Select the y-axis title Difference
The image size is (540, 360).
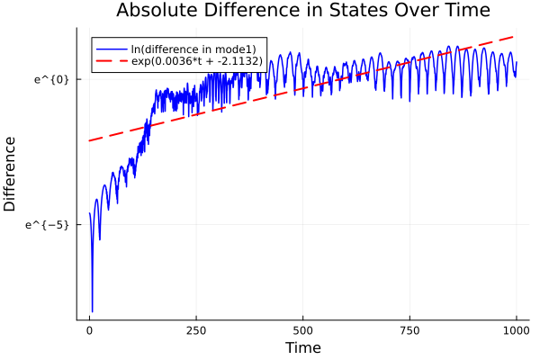tap(11, 174)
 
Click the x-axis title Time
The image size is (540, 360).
tap(302, 347)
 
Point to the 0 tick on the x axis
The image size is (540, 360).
tap(89, 330)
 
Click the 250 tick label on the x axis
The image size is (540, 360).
tap(196, 330)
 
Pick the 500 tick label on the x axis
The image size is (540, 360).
tap(302, 330)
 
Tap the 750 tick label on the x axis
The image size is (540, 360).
tap(409, 330)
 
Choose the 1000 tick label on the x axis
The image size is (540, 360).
tap(516, 330)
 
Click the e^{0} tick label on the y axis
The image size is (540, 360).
tap(51, 79)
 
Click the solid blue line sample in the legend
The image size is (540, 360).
tap(111, 48)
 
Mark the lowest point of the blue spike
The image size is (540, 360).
tap(92, 311)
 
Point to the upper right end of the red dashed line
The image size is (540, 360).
tap(515, 37)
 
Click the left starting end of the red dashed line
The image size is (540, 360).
tap(89, 140)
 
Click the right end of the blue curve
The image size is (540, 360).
tap(517, 62)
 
